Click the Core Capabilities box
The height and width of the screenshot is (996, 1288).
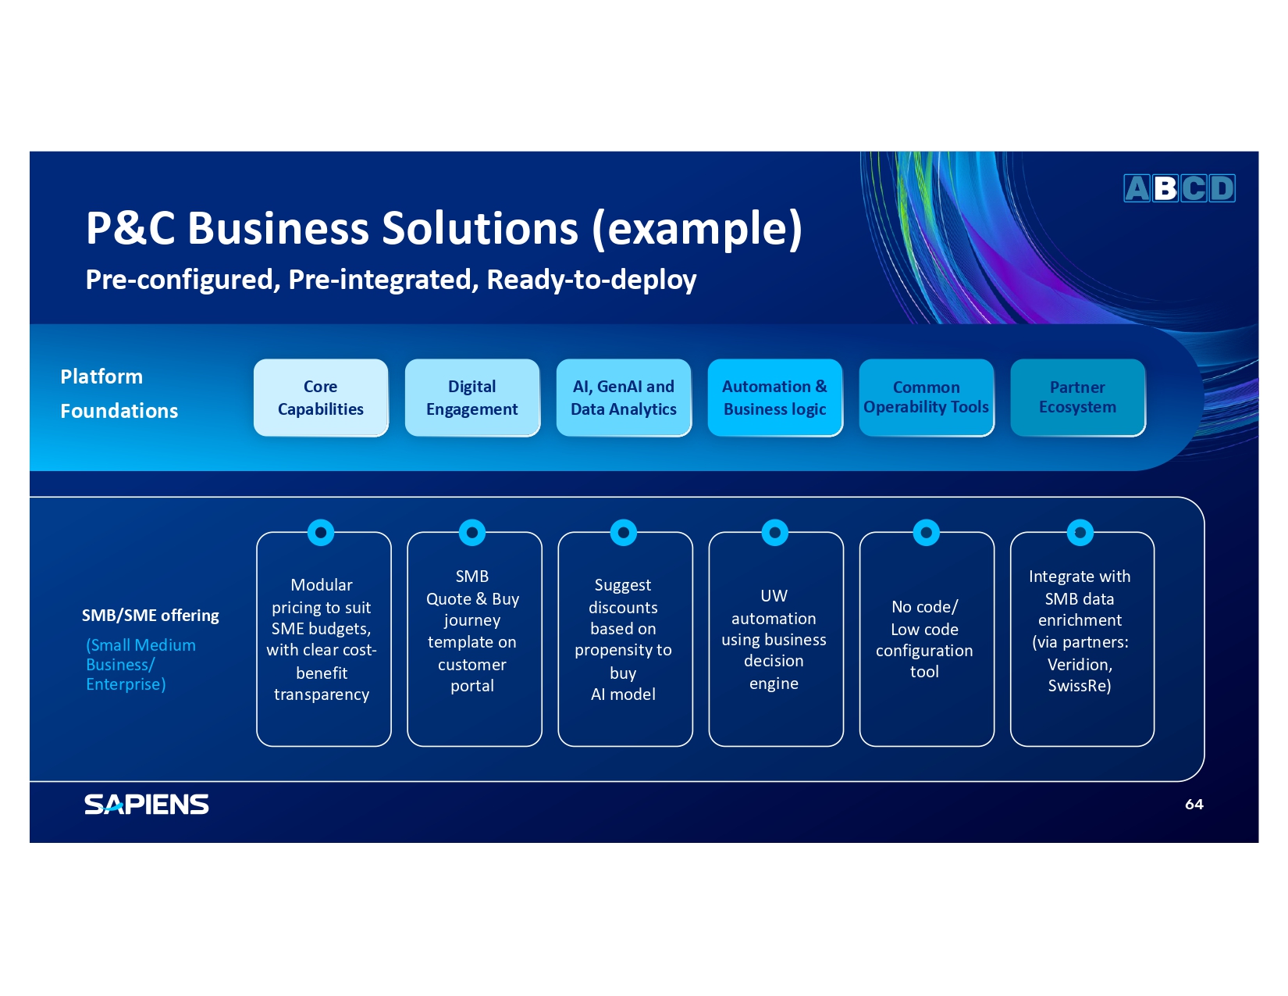point(321,398)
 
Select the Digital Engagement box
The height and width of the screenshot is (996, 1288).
point(472,398)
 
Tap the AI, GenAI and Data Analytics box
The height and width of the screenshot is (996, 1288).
point(624,398)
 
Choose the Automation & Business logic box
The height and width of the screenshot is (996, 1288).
point(775,398)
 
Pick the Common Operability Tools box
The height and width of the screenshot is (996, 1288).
point(927,398)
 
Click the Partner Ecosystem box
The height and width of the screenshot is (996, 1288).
point(1078,398)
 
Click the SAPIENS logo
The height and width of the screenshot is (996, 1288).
point(147,804)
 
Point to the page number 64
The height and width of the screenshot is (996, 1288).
point(1194,804)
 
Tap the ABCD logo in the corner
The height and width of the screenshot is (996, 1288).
point(1179,188)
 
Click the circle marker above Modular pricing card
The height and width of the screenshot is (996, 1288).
point(321,533)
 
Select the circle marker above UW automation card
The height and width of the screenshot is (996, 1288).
point(775,533)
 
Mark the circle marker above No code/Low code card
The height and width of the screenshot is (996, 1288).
point(927,533)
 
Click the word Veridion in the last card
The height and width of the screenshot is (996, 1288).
point(1079,665)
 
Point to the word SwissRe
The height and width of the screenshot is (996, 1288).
point(1079,686)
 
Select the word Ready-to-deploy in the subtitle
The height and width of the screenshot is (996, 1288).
point(592,280)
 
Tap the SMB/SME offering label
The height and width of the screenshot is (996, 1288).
point(151,616)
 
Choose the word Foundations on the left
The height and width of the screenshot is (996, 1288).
point(119,411)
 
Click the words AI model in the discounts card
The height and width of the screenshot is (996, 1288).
point(623,694)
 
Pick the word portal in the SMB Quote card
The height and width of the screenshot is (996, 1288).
point(472,686)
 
